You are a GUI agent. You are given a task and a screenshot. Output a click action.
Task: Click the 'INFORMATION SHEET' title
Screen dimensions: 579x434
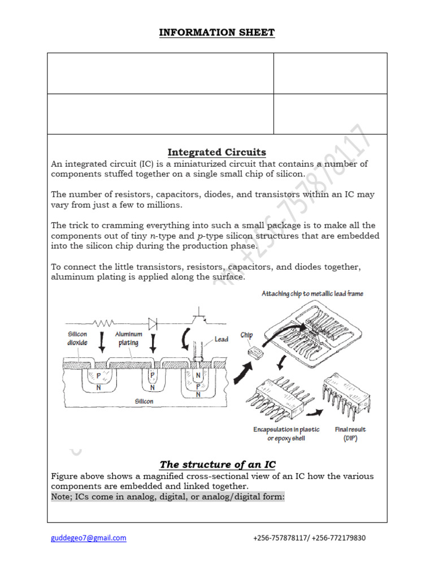[217, 32]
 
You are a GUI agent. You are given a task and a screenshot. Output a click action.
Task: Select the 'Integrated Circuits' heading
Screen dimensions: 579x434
[217, 152]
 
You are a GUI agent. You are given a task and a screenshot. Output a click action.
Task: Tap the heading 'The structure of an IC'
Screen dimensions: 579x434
[218, 464]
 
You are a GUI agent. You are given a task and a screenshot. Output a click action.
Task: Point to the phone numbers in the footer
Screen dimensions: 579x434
[309, 538]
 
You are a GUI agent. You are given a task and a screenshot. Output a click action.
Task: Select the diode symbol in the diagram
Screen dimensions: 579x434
[153, 323]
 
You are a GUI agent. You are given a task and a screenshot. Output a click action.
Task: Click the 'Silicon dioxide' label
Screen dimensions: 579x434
[77, 338]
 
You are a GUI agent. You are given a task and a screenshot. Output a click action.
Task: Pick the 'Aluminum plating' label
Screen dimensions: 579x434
[129, 338]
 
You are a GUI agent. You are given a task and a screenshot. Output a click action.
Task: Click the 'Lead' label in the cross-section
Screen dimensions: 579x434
[222, 339]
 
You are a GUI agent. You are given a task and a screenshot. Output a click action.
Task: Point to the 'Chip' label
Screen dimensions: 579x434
[246, 335]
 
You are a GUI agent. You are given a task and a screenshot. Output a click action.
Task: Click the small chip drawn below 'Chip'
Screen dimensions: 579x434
[255, 352]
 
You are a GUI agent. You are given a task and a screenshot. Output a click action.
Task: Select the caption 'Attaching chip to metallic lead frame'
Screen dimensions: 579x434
[312, 293]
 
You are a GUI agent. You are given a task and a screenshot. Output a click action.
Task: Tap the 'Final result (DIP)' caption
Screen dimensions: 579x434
[350, 434]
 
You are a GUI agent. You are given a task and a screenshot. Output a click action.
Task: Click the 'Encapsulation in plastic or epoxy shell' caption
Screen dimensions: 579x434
[286, 434]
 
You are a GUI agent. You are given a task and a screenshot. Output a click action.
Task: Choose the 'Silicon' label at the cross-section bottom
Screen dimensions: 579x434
[144, 401]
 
